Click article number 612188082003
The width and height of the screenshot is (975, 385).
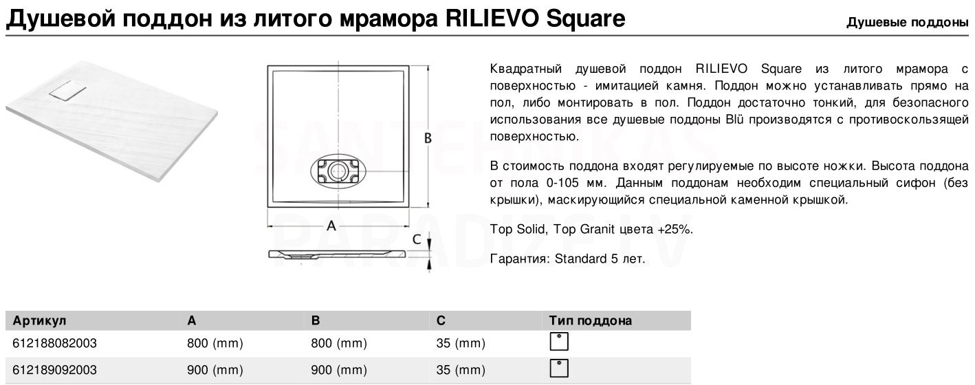(54, 343)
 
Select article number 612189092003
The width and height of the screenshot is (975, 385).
(54, 370)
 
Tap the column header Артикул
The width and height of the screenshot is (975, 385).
(39, 321)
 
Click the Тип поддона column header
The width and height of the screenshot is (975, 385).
(590, 320)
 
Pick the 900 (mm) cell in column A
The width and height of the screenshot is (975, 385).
(215, 370)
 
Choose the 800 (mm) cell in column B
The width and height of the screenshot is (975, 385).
(339, 343)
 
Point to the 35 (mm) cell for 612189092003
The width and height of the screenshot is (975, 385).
(461, 370)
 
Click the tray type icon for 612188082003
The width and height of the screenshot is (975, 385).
(559, 342)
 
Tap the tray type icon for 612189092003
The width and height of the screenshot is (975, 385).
(559, 368)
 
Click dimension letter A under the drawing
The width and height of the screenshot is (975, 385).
(331, 225)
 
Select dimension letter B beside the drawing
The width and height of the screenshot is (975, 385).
(428, 138)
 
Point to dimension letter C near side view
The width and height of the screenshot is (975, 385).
(417, 239)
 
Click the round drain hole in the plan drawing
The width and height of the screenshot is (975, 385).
(338, 170)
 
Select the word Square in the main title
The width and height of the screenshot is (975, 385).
(585, 19)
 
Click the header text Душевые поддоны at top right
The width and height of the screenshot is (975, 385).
(907, 23)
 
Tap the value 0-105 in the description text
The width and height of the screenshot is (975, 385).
(562, 183)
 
